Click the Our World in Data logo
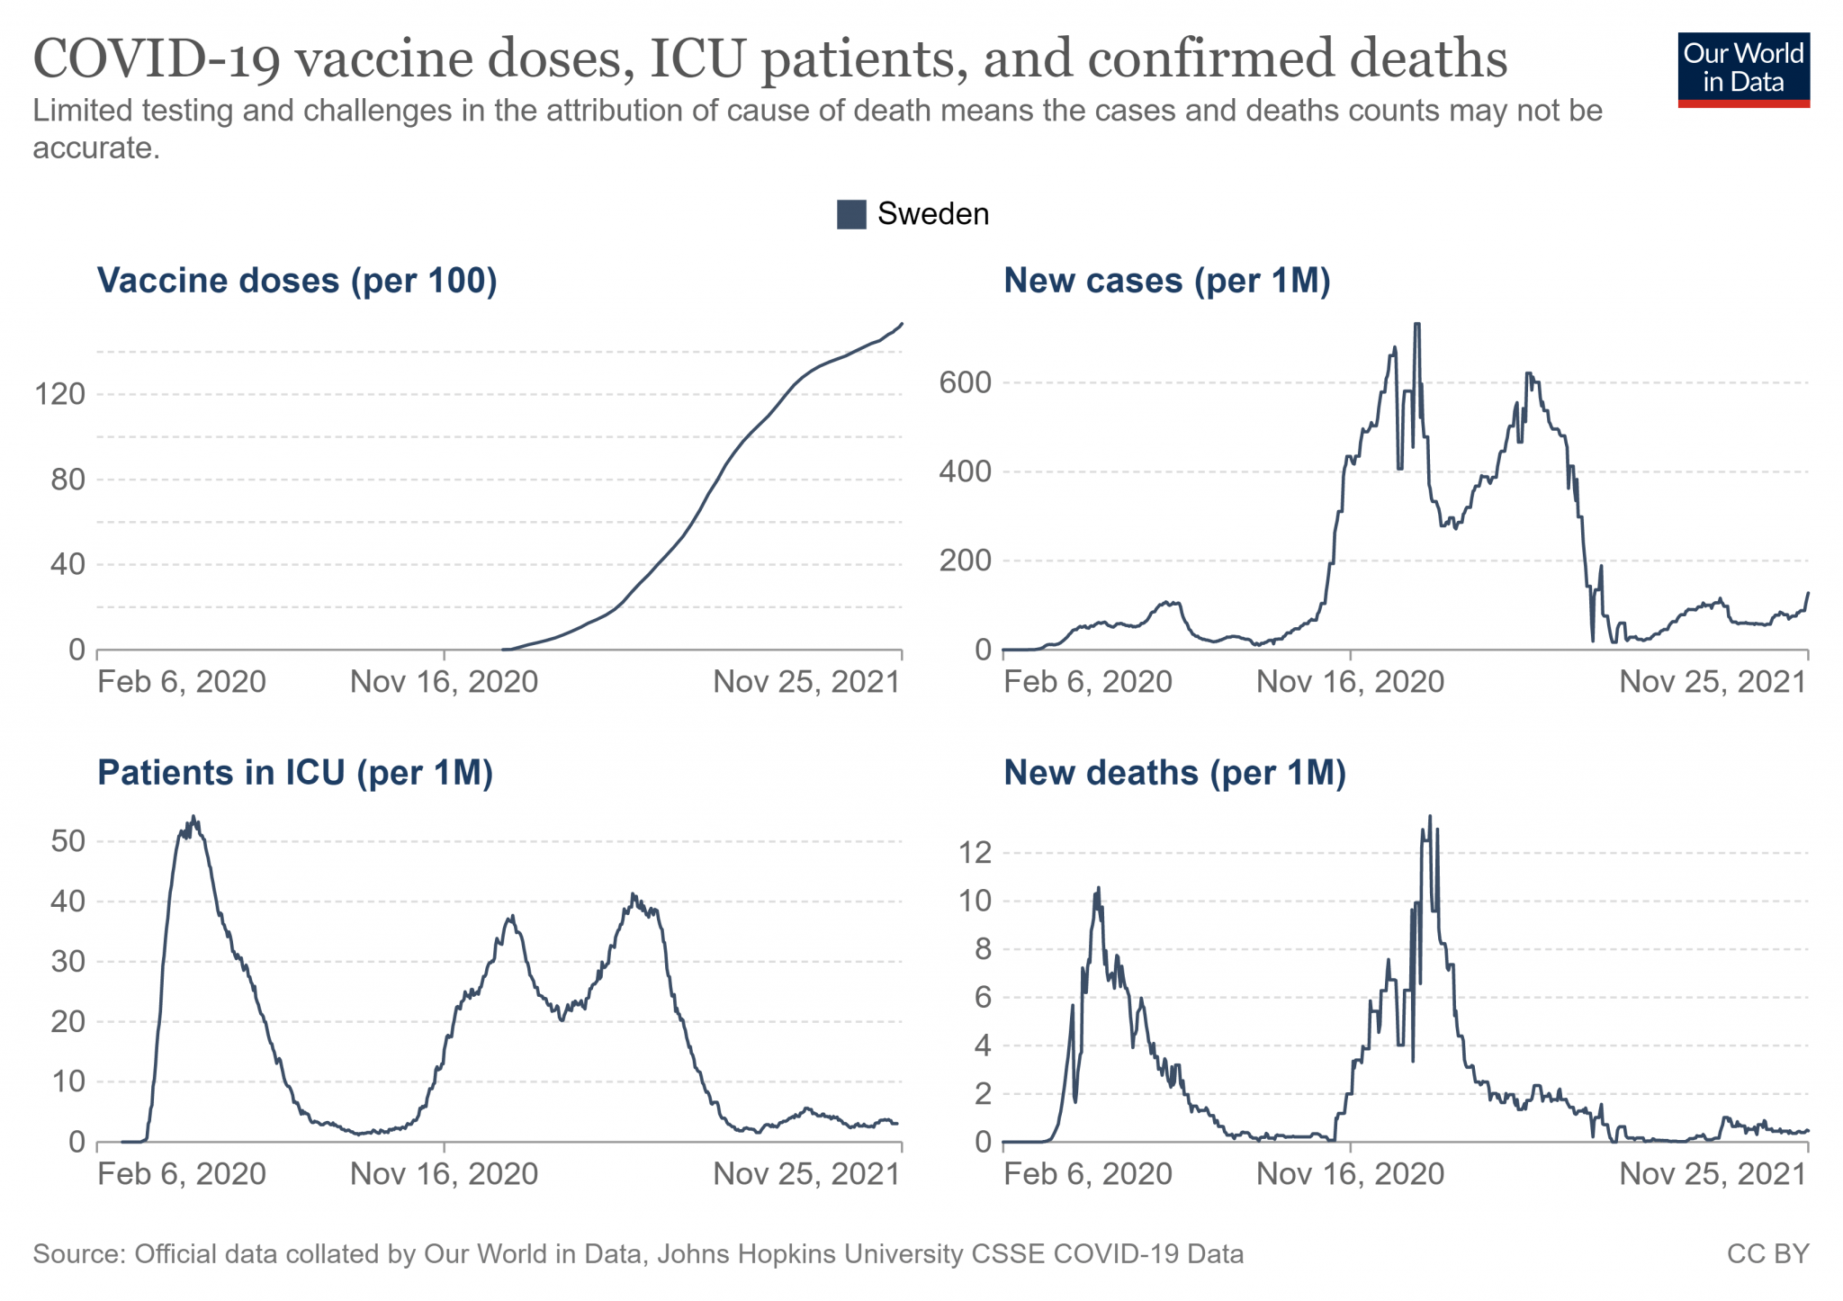[1742, 69]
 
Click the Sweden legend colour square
[850, 214]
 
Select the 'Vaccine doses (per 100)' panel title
[297, 281]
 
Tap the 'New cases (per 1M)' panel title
[1166, 281]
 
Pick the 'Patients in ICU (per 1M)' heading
[295, 773]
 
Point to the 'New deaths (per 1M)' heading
[1174, 773]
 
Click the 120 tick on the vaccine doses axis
[59, 394]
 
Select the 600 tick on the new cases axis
[965, 382]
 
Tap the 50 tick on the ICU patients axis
[68, 841]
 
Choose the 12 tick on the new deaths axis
[975, 852]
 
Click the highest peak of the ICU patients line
[193, 818]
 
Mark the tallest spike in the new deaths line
[1430, 817]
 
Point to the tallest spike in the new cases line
[1417, 325]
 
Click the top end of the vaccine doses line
[902, 324]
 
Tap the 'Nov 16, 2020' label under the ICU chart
[444, 1174]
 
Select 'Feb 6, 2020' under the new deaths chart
[1087, 1174]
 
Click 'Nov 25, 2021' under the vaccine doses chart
[806, 682]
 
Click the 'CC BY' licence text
[1767, 1254]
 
